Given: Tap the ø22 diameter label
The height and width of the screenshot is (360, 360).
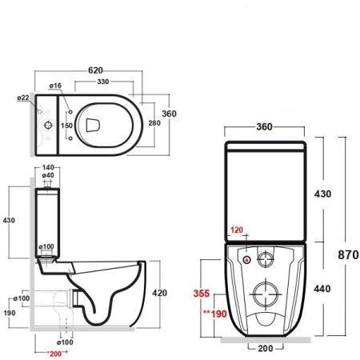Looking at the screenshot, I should (22, 98).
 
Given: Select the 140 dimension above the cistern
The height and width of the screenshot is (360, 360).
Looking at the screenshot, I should (48, 167).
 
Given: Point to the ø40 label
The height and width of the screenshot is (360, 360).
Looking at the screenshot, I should (48, 175).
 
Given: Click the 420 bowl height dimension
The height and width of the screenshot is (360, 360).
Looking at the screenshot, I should (159, 293).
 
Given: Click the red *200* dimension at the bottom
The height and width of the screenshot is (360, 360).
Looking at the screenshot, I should (54, 353).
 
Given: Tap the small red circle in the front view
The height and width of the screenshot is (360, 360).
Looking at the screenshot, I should (246, 260).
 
